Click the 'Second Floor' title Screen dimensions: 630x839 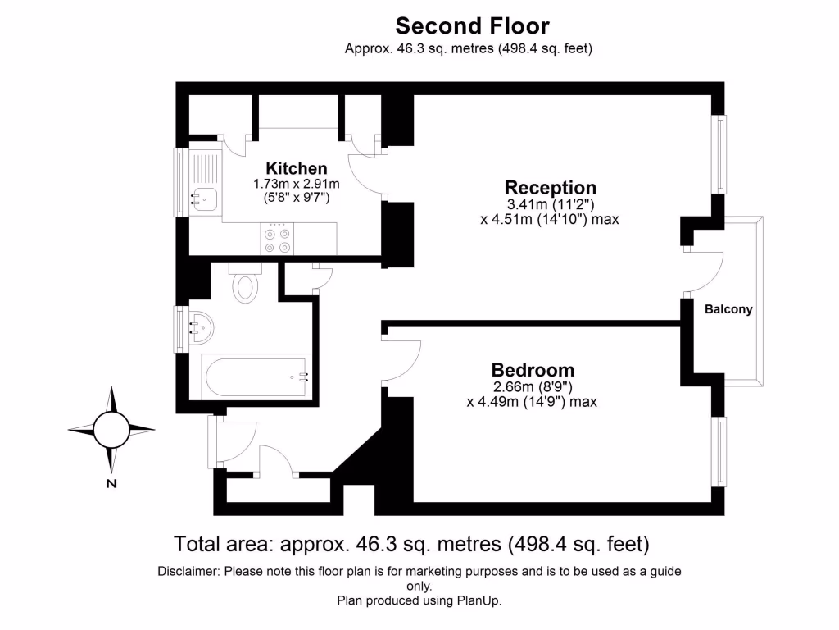473,26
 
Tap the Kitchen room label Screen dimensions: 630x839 297,169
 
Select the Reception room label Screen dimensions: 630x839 550,188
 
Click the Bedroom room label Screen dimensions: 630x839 533,370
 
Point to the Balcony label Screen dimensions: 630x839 728,310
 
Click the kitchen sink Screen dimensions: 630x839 204,198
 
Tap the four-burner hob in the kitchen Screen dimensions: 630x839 276,239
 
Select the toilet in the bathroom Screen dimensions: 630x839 245,285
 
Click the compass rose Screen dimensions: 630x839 111,428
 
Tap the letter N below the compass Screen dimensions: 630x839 111,483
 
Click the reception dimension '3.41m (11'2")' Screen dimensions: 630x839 550,204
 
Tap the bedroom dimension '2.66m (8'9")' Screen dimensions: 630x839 532,387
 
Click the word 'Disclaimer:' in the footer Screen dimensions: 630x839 188,571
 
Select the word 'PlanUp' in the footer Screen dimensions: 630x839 480,600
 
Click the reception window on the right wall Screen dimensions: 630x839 719,154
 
